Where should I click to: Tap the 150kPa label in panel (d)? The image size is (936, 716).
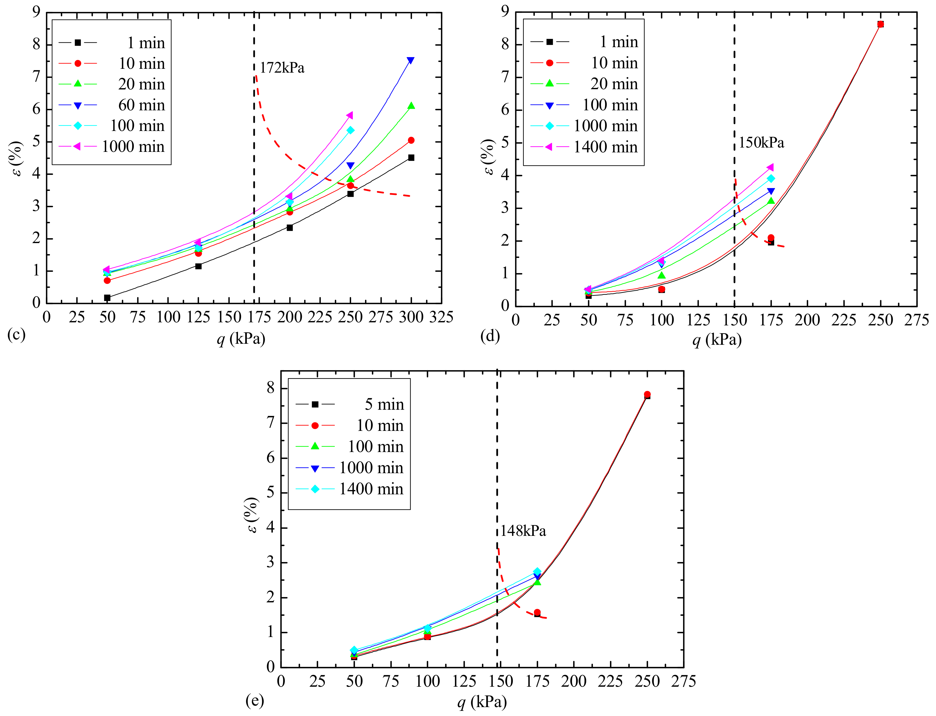pos(761,143)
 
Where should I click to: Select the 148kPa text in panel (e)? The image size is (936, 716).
pos(523,531)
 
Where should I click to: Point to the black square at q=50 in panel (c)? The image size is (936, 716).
pos(107,297)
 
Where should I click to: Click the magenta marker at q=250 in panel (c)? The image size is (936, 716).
pos(350,115)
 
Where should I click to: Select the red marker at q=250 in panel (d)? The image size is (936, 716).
pos(880,24)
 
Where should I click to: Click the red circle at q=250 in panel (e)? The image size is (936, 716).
pos(647,394)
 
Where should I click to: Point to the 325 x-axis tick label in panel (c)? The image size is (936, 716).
pos(441,317)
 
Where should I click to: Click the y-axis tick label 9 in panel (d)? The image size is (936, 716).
pos(505,11)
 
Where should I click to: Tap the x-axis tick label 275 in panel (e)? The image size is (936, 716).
pos(683,681)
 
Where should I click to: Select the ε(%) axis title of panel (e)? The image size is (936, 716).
pos(252,515)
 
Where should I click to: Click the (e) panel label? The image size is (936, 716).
pos(255,700)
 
